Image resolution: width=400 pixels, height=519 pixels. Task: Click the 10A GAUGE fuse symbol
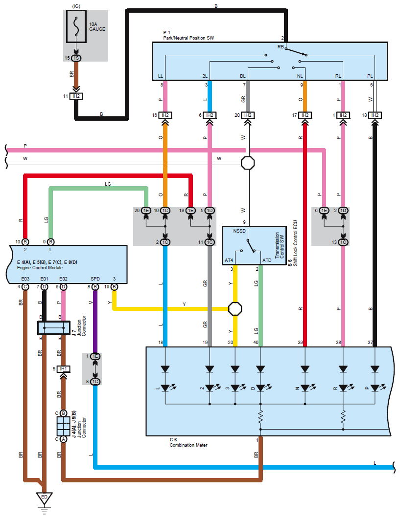pyautogui.click(x=76, y=28)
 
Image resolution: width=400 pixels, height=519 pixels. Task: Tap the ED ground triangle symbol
pyautogui.click(x=44, y=497)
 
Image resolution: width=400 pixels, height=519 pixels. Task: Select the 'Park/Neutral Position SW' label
pyautogui.click(x=188, y=38)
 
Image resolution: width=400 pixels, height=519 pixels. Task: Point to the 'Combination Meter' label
pyautogui.click(x=188, y=445)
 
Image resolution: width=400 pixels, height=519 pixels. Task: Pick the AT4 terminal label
pyautogui.click(x=229, y=260)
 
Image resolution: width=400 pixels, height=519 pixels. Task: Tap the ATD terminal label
pyautogui.click(x=267, y=260)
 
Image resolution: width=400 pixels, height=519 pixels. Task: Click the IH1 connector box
pyautogui.click(x=63, y=368)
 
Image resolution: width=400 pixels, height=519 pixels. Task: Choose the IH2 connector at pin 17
pyautogui.click(x=305, y=115)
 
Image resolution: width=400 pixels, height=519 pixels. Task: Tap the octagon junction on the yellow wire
pyautogui.click(x=235, y=309)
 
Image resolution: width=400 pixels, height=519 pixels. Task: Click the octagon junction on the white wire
pyautogui.click(x=248, y=162)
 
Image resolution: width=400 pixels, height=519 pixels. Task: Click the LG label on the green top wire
pyautogui.click(x=108, y=184)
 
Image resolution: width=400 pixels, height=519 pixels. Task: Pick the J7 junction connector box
pyautogui.click(x=53, y=327)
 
